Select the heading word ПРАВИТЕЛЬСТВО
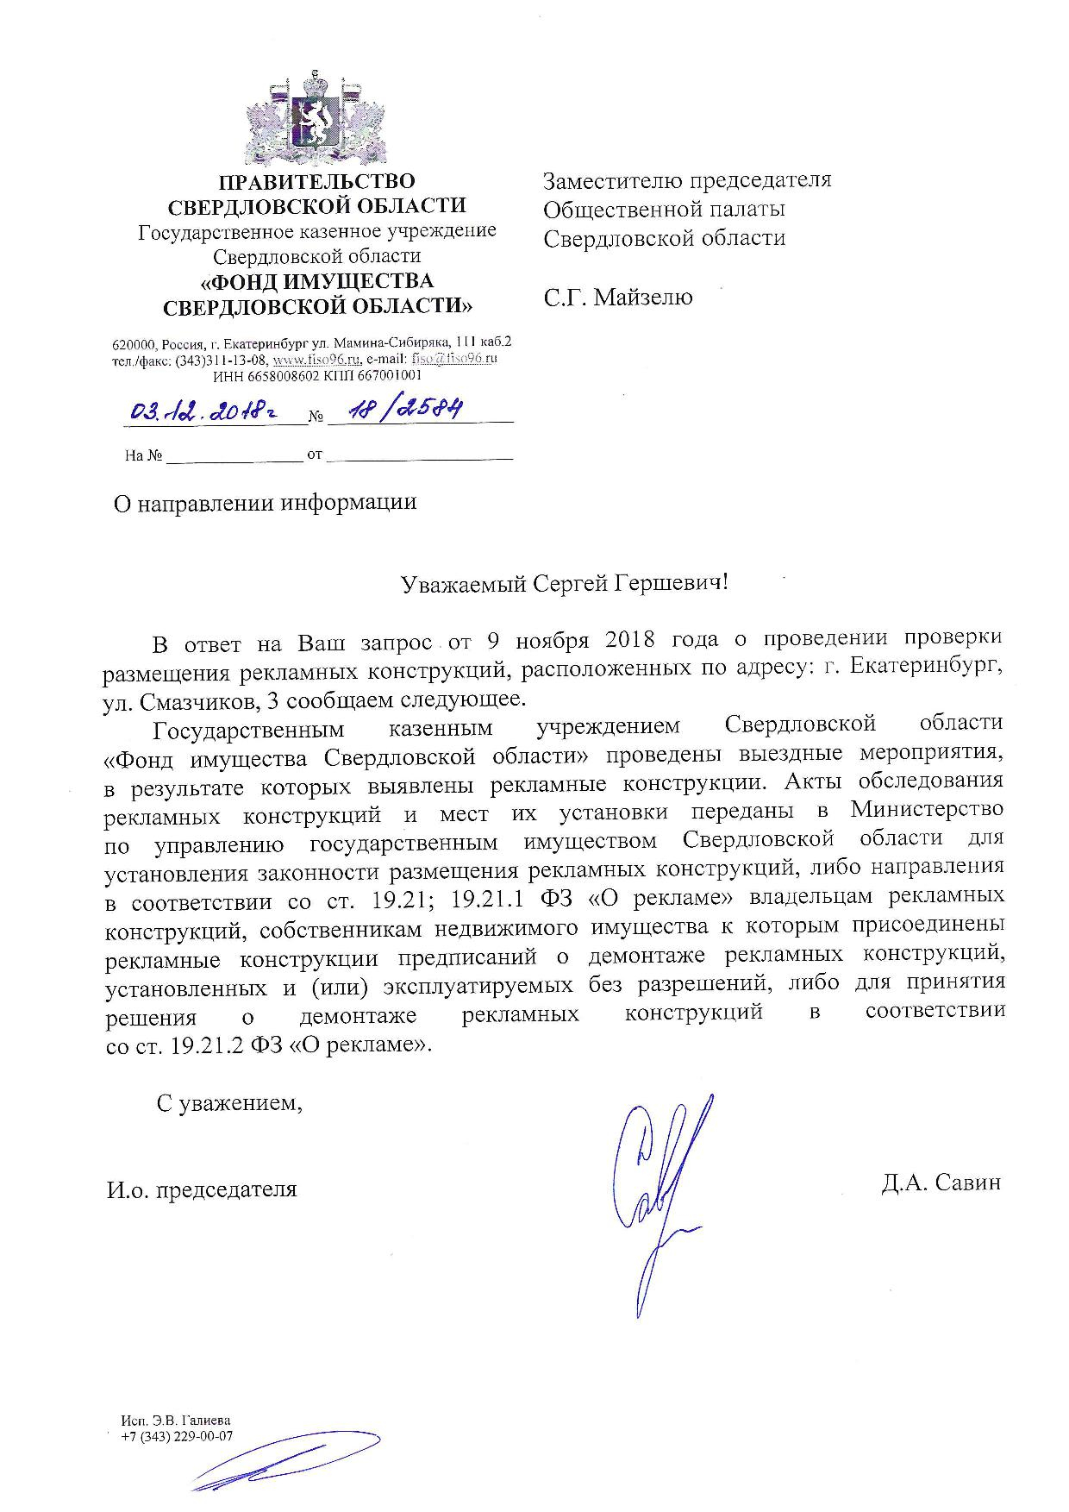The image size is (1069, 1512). click(x=316, y=182)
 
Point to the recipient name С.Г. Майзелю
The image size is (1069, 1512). click(x=617, y=298)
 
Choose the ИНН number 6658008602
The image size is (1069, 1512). click(x=278, y=375)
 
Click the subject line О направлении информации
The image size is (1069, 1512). click(x=266, y=502)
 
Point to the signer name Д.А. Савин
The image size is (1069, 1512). click(x=941, y=1183)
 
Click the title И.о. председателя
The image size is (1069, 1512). click(x=202, y=1189)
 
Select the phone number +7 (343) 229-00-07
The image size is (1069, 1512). click(x=178, y=1436)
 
